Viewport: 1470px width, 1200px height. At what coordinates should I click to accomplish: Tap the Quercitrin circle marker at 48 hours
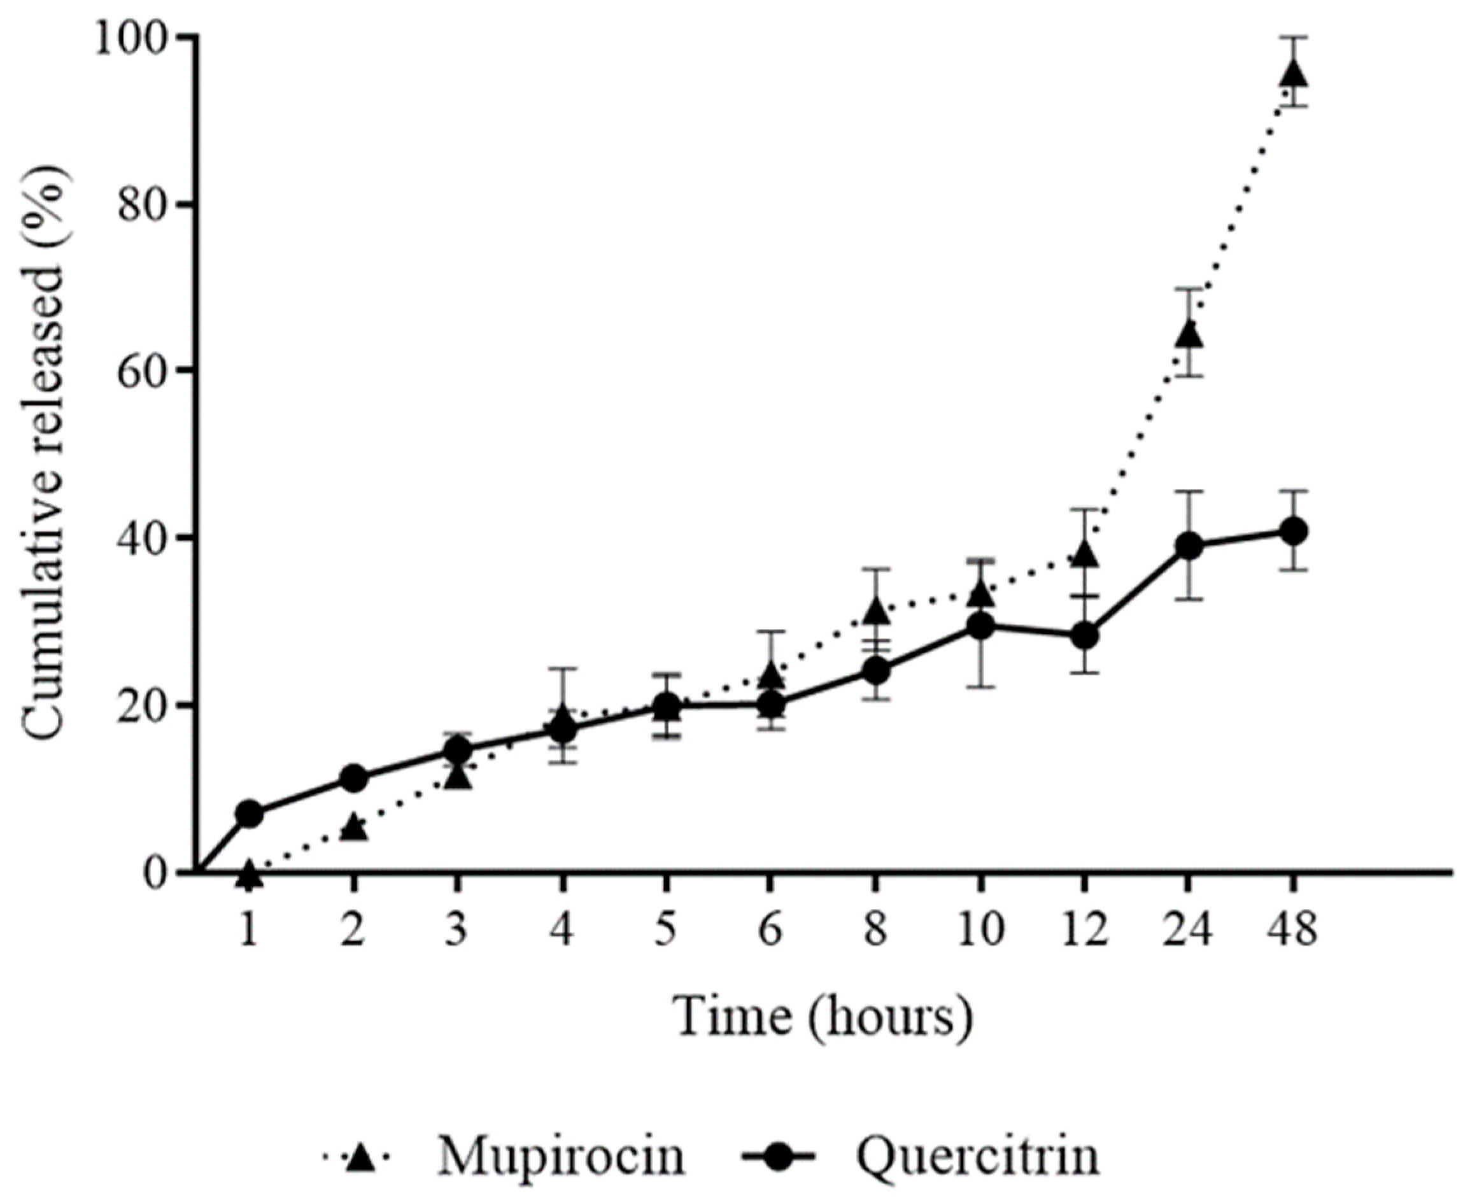(1293, 531)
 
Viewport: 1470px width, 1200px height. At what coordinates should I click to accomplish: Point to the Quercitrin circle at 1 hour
(250, 814)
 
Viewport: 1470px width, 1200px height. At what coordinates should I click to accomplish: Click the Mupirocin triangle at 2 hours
(354, 828)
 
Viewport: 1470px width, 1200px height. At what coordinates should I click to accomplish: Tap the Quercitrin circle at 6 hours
(771, 705)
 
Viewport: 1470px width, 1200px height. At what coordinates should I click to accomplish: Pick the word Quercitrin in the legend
(979, 1158)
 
